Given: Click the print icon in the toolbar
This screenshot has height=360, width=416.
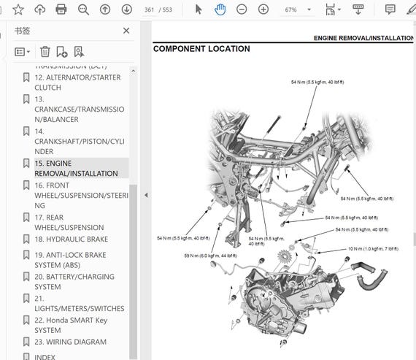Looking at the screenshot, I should (61, 9).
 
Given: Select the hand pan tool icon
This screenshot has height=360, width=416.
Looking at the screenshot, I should (220, 9).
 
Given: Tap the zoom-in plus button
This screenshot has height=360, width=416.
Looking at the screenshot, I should (263, 9).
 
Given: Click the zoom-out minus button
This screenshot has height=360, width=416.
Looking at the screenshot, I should (242, 9).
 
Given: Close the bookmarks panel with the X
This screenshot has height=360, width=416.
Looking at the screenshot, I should (126, 31).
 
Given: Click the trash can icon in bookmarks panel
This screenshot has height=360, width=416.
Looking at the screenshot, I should (45, 52).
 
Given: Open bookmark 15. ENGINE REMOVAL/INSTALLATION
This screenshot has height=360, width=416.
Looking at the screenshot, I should (75, 168).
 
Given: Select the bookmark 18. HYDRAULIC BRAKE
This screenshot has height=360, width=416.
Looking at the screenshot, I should (71, 239).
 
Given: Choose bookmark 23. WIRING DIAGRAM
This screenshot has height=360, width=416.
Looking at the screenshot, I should (70, 342).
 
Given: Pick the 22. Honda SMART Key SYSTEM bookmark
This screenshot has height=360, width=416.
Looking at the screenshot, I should (71, 325).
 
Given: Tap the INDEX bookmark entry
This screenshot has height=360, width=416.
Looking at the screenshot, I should (45, 356).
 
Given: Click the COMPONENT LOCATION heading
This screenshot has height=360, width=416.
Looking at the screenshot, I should (201, 49).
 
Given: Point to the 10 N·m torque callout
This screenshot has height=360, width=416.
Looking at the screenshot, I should (373, 249).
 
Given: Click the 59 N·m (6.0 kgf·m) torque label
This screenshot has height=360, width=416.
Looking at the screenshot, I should (209, 256).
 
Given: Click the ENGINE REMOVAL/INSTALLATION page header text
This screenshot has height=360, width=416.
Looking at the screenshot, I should (364, 37).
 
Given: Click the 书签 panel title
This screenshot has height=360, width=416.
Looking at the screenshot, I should (23, 31).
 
